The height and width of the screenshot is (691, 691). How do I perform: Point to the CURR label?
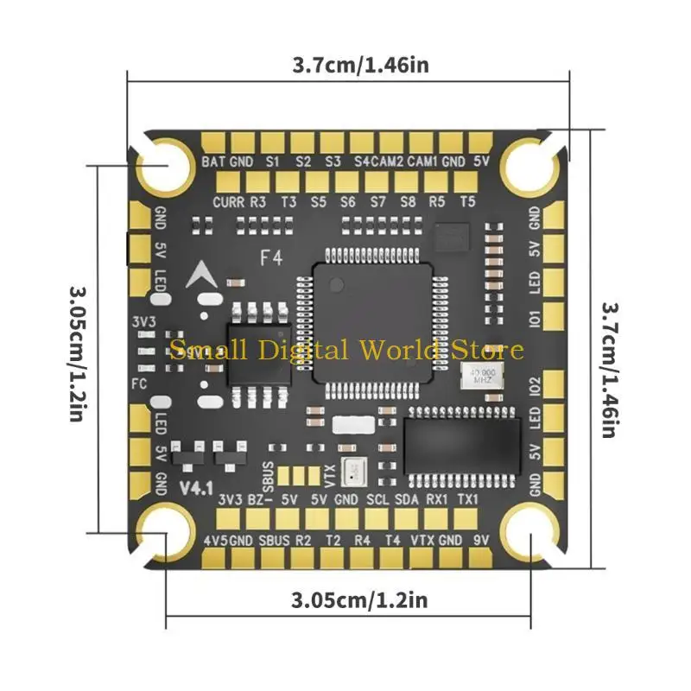[228, 202]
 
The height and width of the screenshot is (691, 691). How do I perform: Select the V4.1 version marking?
[196, 486]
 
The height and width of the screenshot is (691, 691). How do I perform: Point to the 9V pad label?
[481, 541]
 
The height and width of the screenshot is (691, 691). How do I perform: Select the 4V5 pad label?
[214, 541]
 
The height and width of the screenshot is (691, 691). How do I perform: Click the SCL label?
[378, 499]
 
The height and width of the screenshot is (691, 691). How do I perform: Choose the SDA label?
[408, 499]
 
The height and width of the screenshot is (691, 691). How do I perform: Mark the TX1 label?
[466, 499]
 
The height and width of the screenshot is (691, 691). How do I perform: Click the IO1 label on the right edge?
[535, 317]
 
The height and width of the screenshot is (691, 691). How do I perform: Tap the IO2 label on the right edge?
[535, 386]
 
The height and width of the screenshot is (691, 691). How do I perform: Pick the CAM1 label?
[422, 162]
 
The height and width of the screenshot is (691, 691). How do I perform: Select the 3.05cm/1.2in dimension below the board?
[359, 599]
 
